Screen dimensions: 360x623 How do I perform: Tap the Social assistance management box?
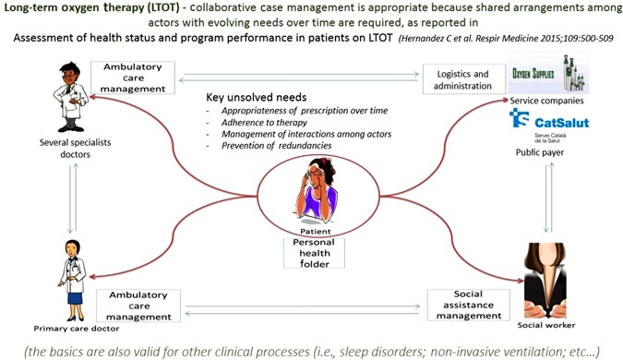click(466, 304)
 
